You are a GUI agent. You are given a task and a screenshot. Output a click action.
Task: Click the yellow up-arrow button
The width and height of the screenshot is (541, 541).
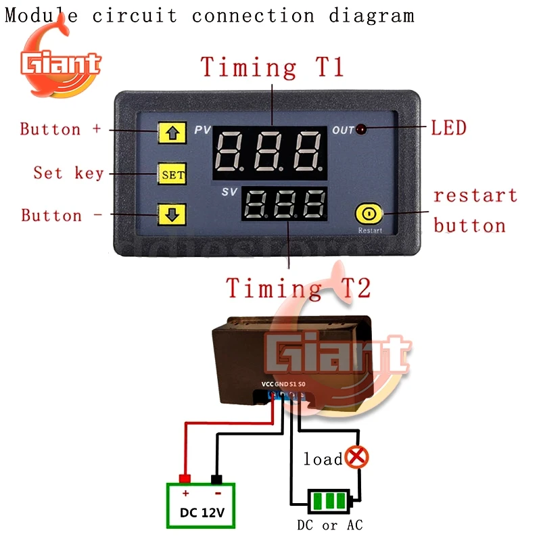tap(172, 133)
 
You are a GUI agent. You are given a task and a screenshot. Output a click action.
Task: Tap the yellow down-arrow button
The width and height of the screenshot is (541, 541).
tap(172, 215)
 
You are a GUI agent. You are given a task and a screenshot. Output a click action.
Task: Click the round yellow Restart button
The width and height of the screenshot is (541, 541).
tap(369, 214)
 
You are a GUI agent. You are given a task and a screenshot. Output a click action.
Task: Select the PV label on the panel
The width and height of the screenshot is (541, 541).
tap(203, 129)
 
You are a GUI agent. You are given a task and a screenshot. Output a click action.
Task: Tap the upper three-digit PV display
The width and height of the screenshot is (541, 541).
tap(269, 150)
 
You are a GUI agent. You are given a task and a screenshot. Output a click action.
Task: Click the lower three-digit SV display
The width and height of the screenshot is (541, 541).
tap(285, 204)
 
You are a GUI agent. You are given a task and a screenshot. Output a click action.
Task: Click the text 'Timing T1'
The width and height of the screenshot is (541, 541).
tap(272, 68)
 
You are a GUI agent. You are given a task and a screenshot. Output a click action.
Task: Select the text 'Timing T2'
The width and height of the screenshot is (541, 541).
tap(298, 288)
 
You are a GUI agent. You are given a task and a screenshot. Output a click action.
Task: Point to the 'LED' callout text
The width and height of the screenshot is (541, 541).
tap(448, 127)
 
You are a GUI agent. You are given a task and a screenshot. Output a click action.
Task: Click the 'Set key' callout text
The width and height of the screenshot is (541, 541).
tap(68, 173)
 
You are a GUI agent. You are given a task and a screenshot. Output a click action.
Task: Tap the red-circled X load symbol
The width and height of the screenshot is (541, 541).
tap(356, 458)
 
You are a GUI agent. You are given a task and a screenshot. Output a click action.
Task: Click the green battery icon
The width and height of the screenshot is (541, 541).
tap(330, 502)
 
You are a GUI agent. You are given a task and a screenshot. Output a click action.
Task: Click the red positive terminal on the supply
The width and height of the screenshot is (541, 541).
tap(185, 479)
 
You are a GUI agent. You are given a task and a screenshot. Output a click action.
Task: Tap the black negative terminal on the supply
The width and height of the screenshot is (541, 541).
tap(217, 479)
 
